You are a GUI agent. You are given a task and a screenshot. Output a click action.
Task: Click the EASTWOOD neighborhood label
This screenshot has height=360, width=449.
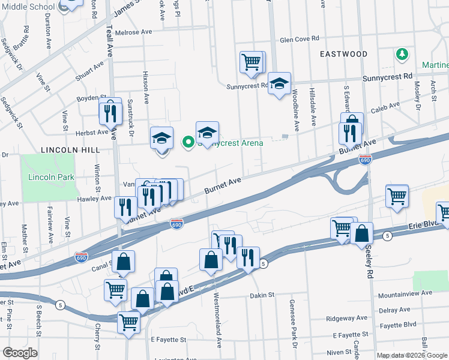(x=343, y=54)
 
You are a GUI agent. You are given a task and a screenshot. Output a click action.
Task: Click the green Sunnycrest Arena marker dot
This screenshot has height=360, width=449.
(x=188, y=142)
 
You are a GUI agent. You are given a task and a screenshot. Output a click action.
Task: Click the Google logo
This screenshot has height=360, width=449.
(x=20, y=353)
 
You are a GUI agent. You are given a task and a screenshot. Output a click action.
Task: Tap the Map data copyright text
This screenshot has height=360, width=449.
(x=412, y=355)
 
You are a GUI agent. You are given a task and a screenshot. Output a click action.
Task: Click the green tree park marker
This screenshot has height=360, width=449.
(x=401, y=55)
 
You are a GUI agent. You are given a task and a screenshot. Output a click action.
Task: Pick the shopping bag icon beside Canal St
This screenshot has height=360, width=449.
(x=123, y=262)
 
